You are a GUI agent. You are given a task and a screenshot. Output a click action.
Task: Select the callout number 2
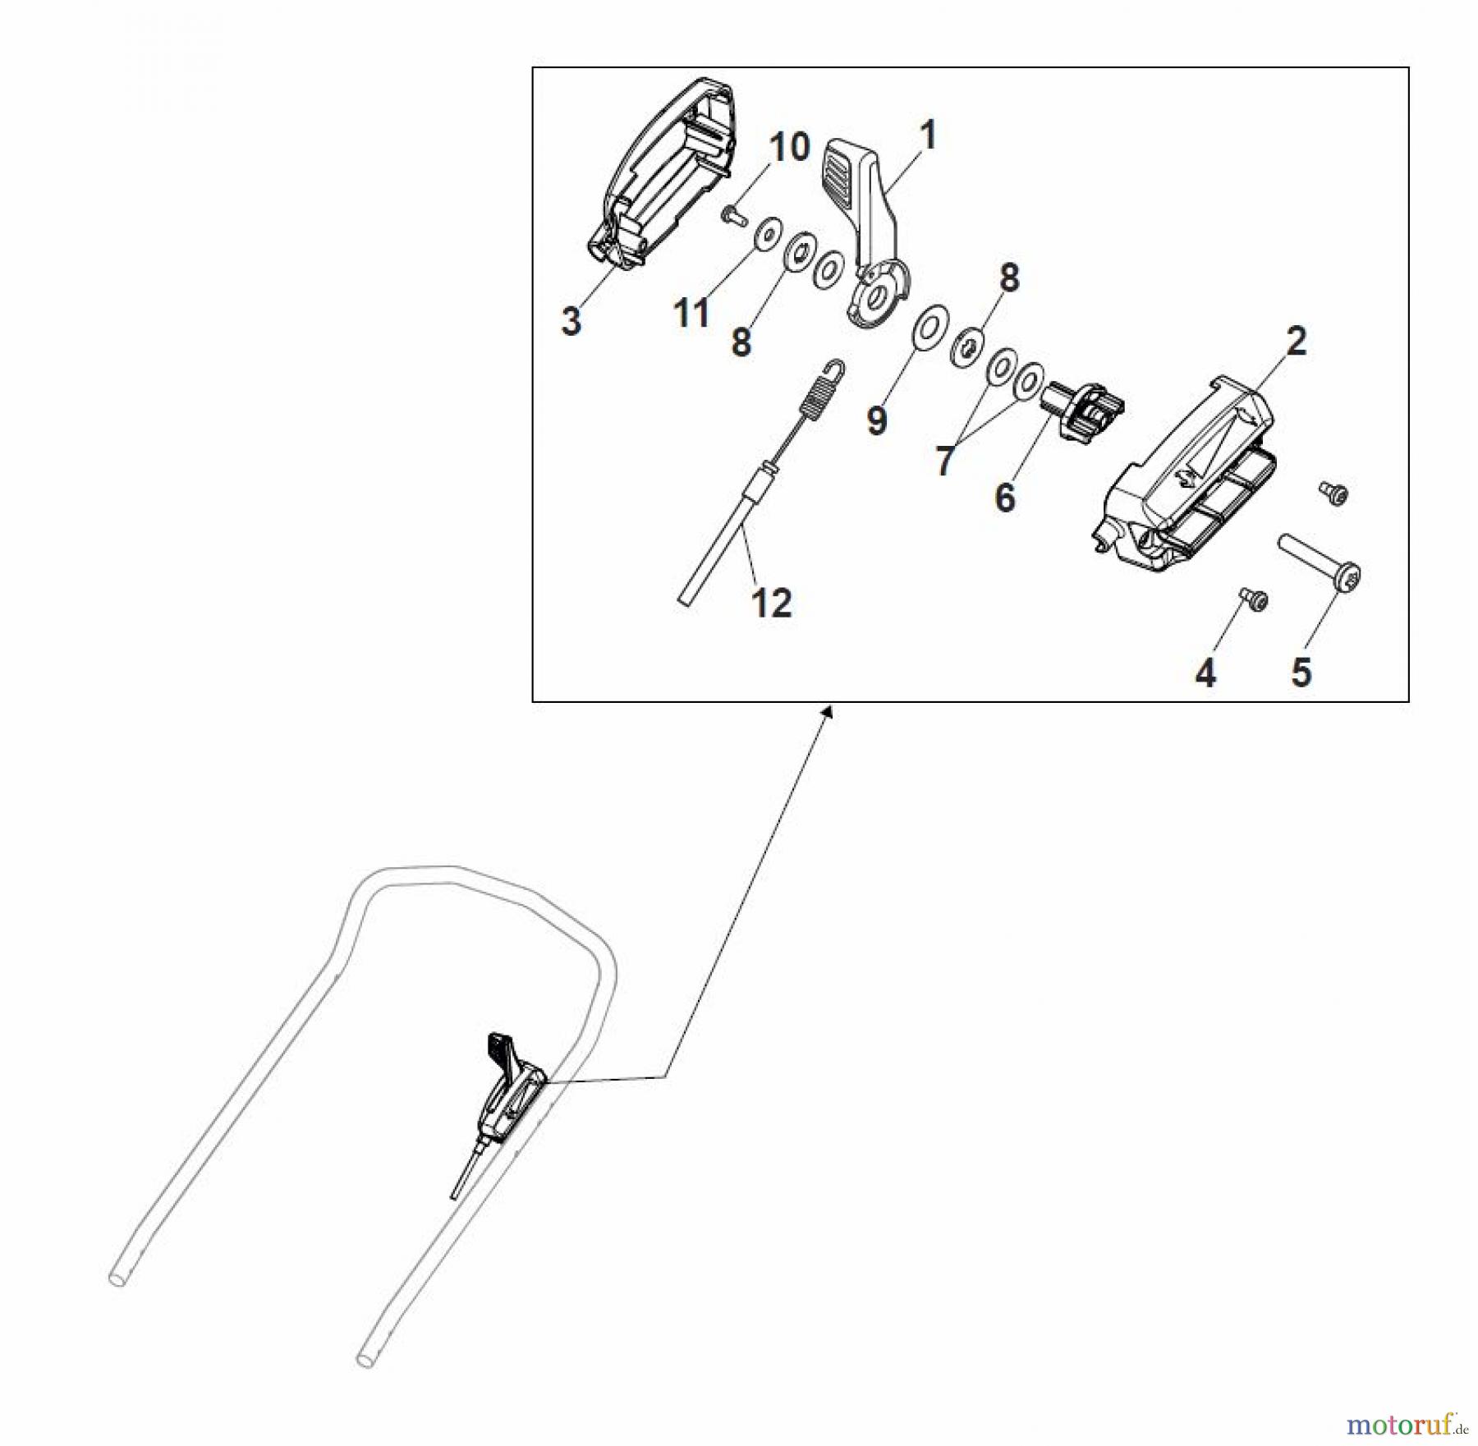1295,341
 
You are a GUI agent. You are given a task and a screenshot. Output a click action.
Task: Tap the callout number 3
571,320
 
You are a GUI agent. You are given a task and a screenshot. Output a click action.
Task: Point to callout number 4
1205,673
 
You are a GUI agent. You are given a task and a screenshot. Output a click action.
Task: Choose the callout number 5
1301,673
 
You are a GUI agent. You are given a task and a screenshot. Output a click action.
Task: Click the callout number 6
1005,497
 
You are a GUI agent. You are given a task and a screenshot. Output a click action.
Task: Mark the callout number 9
877,420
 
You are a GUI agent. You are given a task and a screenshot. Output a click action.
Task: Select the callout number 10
789,148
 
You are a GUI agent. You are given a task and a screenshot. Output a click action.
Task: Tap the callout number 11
691,313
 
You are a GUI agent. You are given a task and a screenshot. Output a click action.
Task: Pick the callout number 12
772,604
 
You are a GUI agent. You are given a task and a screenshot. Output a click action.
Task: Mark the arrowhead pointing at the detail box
827,712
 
